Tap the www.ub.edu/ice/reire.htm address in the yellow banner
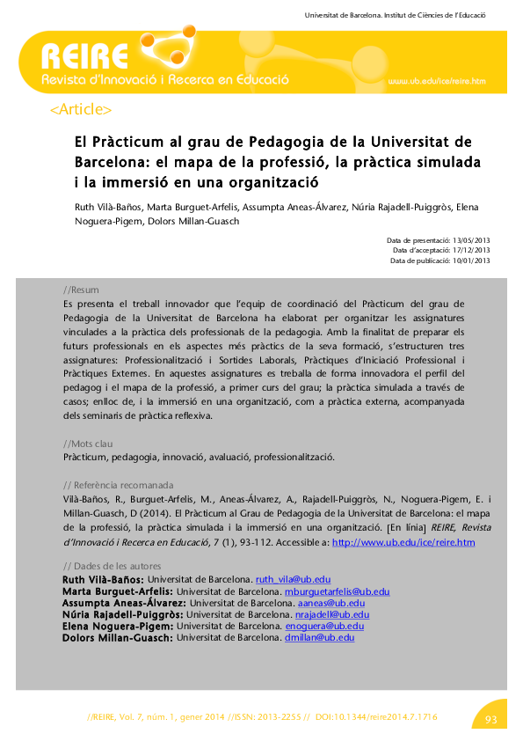(436, 81)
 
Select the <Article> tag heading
(81, 110)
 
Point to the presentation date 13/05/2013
(470, 240)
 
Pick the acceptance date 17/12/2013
(470, 251)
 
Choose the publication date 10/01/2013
(470, 260)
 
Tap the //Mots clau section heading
(88, 444)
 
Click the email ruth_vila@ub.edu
(293, 580)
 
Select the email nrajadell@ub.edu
(331, 614)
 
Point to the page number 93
(490, 720)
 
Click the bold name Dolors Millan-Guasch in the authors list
(118, 637)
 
